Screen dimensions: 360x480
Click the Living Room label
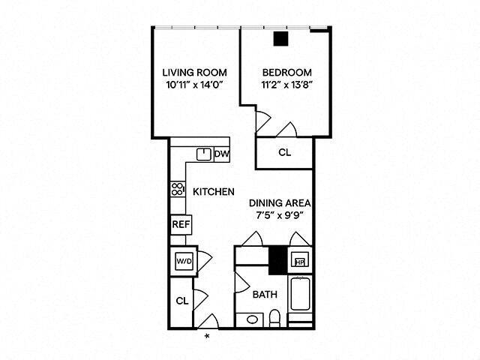195,73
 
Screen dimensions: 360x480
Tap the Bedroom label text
285,73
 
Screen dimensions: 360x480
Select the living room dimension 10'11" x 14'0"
195,85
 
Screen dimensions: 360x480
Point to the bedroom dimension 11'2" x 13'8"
285,85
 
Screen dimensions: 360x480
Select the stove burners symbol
178,189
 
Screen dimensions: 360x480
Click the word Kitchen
214,192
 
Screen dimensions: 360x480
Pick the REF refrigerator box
180,224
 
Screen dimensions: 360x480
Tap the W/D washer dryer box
184,261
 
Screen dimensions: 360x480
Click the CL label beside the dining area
285,153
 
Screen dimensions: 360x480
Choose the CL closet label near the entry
181,301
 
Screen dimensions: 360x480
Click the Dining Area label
280,202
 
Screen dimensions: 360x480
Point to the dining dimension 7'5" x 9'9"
280,215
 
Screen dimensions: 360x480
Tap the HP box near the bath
299,261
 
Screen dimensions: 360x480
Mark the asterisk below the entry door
207,334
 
